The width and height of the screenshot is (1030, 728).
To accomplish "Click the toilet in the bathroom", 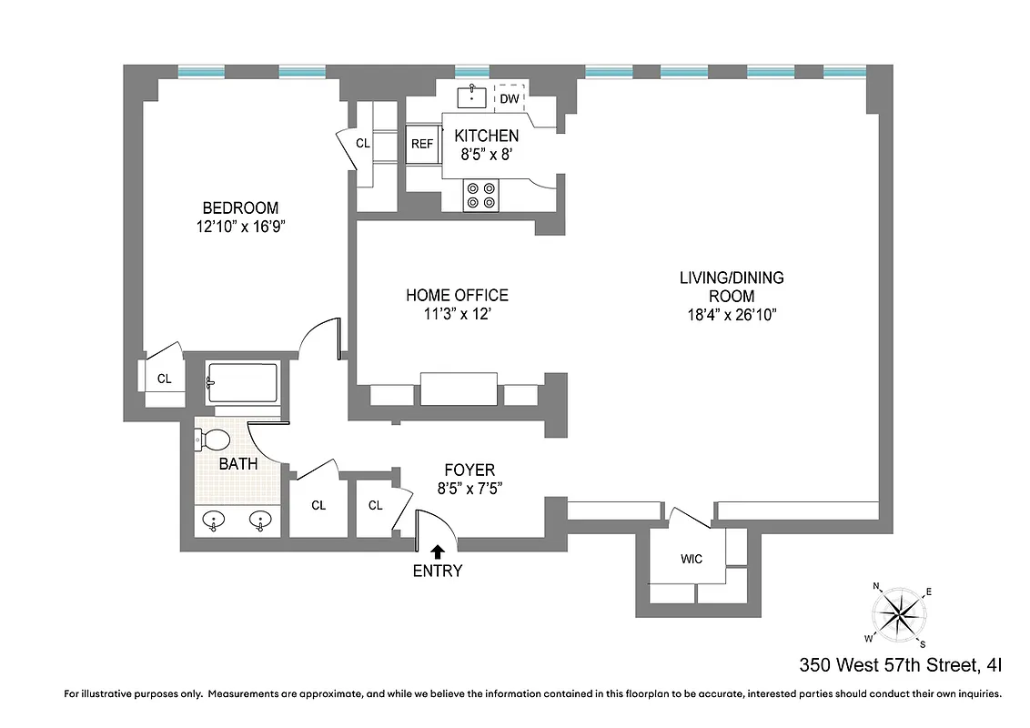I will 213,440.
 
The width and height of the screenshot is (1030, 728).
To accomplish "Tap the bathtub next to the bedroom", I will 241,383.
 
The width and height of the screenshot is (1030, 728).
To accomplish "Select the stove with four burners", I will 481,195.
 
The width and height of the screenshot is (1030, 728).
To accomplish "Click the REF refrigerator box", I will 422,144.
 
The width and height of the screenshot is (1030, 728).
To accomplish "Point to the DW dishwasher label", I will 509,98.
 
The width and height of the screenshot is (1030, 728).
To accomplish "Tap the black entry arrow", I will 438,551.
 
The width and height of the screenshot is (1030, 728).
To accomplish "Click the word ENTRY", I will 438,571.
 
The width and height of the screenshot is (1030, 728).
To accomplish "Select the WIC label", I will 691,559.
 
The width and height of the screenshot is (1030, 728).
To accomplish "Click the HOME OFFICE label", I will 457,295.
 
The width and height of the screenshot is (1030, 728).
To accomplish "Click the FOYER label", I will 470,470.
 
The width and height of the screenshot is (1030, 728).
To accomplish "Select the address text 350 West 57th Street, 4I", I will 901,665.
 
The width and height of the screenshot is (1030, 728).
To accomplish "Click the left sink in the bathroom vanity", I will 215,521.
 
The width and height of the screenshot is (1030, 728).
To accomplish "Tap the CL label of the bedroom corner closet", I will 165,379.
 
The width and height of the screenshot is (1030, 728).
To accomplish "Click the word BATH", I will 238,463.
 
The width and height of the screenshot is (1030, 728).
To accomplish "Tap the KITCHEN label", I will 487,136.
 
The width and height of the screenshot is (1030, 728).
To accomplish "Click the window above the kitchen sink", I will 472,71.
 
